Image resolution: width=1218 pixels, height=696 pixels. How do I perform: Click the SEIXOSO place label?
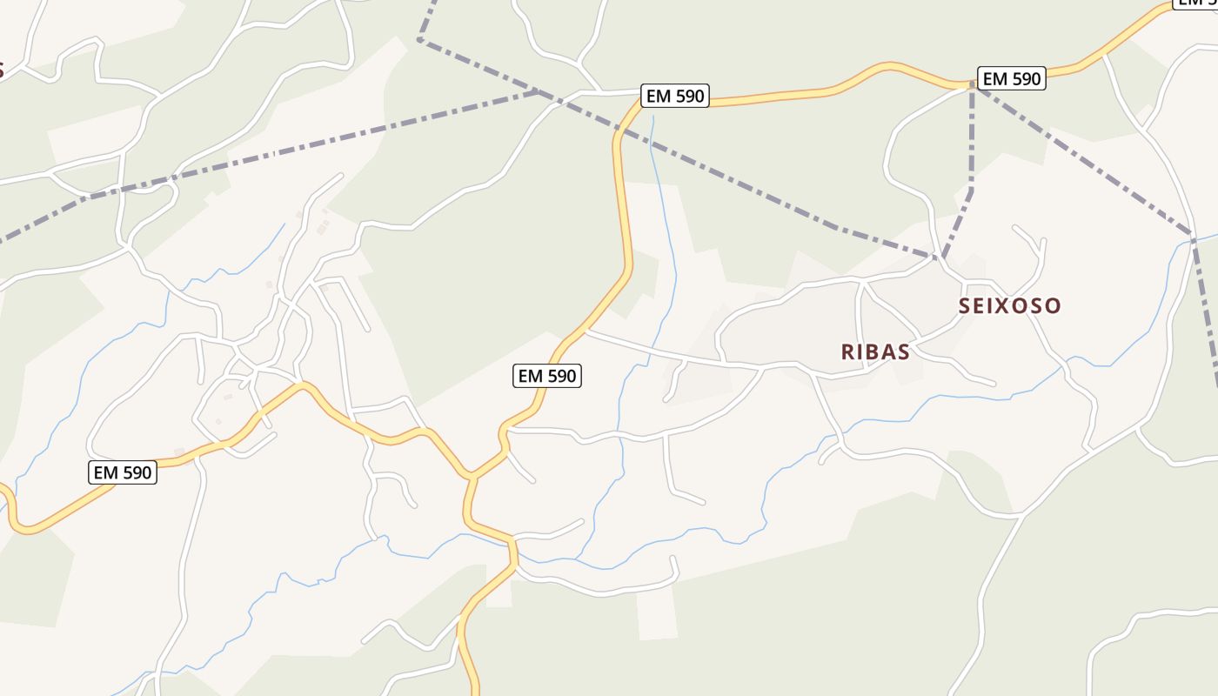[1010, 305]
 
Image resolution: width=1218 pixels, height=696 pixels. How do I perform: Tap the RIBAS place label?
[875, 351]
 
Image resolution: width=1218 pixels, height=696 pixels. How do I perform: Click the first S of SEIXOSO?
[965, 305]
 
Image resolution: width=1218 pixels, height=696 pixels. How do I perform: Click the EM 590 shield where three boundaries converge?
[1011, 78]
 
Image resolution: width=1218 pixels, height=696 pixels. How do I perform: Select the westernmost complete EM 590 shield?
[123, 472]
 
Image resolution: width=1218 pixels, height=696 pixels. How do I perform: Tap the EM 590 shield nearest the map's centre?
[547, 376]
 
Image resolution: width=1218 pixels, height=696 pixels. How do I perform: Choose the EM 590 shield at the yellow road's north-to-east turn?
[675, 96]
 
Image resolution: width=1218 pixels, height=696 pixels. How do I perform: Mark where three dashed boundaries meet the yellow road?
[972, 85]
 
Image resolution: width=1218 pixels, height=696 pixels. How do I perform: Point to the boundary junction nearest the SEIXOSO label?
[940, 258]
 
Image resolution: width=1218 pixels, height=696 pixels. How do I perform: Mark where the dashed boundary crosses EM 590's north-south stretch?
[620, 130]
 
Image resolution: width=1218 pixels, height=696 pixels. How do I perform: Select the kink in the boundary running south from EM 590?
[971, 190]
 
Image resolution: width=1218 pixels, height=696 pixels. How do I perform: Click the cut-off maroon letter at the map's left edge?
[2, 70]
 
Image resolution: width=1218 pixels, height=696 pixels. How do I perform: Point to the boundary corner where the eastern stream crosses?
[1194, 237]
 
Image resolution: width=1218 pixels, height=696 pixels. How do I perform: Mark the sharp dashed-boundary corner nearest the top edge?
[420, 38]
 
